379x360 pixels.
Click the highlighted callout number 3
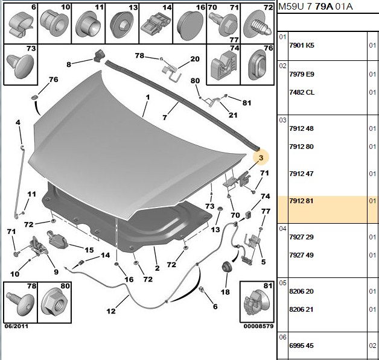pyautogui.click(x=261, y=157)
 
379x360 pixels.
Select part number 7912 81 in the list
pyautogui.click(x=301, y=201)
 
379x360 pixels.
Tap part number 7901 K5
pyautogui.click(x=302, y=45)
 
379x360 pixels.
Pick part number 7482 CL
pyautogui.click(x=302, y=92)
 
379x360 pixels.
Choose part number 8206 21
pyautogui.click(x=301, y=309)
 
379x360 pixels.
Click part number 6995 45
pyautogui.click(x=301, y=346)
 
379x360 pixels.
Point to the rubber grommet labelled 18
pyautogui.click(x=227, y=267)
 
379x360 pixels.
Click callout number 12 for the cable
pyautogui.click(x=111, y=311)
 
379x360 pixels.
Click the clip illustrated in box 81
pyautogui.click(x=257, y=303)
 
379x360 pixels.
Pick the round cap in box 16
pyautogui.click(x=190, y=25)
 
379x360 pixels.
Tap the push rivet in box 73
pyautogui.click(x=20, y=65)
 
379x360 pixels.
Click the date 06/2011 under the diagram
pyautogui.click(x=16, y=326)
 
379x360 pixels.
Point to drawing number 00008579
pyautogui.click(x=258, y=326)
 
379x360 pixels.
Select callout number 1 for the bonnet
pyautogui.click(x=148, y=97)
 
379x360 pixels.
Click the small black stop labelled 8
pyautogui.click(x=98, y=55)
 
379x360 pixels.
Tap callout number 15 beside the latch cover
pyautogui.click(x=89, y=250)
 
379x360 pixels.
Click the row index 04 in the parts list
pyautogui.click(x=282, y=229)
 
